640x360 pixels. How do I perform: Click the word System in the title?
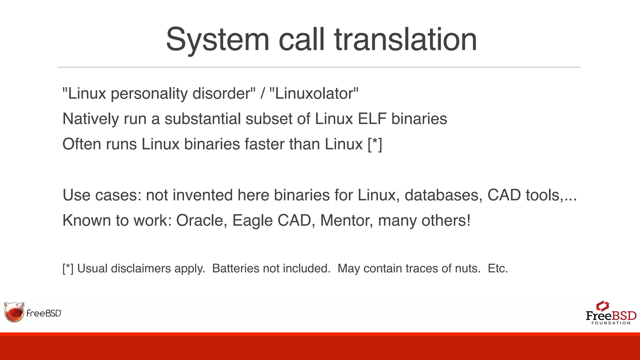[x=217, y=40]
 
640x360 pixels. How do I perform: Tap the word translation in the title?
[x=405, y=40]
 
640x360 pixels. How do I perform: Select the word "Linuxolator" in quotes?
[x=314, y=93]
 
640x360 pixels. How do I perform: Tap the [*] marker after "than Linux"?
[x=375, y=144]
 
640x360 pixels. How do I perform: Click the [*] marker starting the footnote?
[x=68, y=268]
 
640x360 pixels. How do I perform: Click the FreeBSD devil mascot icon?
[x=14, y=312]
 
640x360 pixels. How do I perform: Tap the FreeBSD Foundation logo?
[x=611, y=313]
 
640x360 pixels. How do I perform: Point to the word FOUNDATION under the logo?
[x=611, y=323]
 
